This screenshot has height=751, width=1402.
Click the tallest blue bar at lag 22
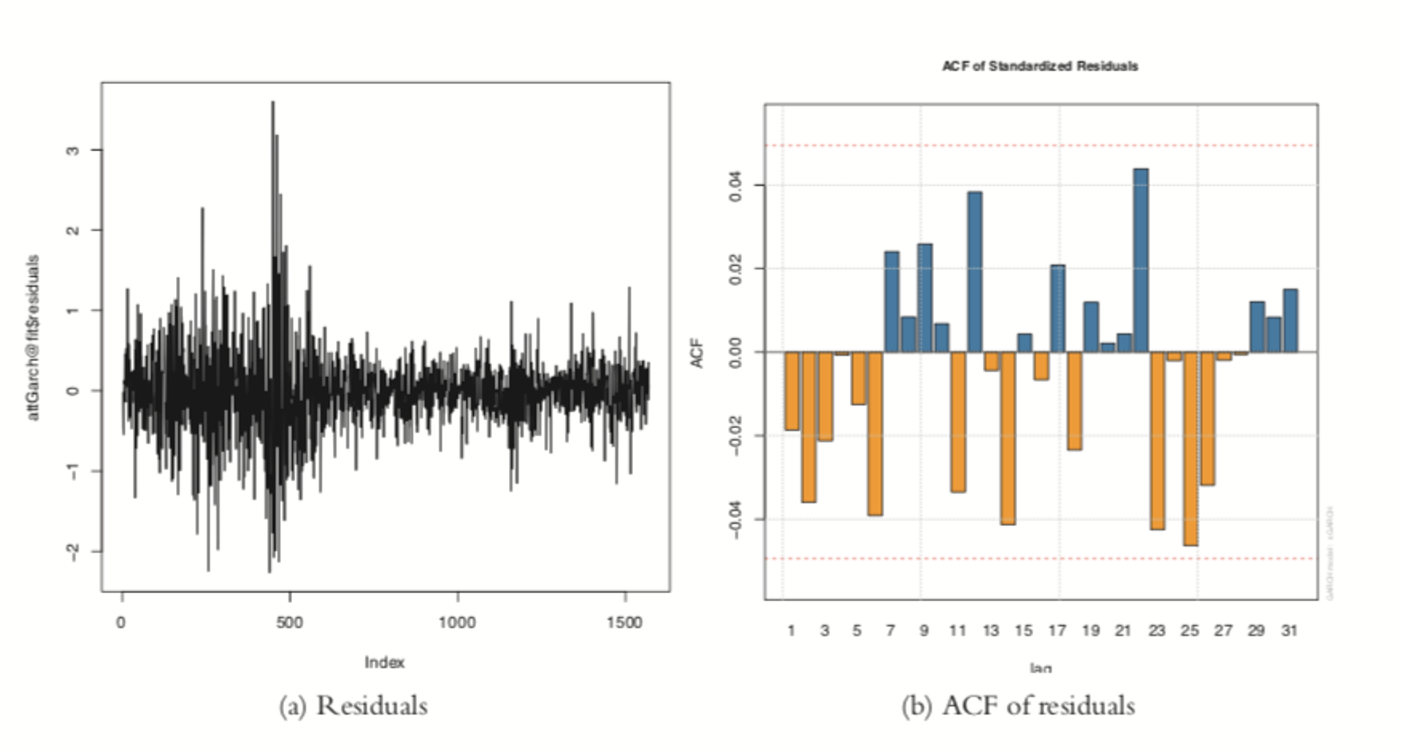1140,261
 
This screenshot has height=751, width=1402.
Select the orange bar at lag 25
1190,449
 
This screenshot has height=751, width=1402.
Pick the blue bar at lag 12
974,272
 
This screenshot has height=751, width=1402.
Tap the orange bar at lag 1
792,391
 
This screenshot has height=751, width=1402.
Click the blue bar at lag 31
1290,321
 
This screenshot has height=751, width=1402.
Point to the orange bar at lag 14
1008,438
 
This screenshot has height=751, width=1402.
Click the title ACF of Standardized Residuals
1039,66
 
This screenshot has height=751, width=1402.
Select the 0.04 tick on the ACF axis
736,186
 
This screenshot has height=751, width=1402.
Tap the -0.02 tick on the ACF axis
736,435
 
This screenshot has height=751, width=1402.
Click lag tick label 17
1057,630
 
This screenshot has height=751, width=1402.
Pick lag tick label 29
1256,630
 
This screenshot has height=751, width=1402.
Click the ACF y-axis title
697,353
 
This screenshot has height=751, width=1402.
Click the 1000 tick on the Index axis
457,622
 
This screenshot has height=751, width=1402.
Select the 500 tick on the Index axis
289,622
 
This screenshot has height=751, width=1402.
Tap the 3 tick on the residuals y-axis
72,150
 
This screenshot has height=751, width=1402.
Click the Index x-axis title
384,663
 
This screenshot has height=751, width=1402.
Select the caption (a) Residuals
353,706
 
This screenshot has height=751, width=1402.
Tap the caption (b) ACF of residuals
1018,706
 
